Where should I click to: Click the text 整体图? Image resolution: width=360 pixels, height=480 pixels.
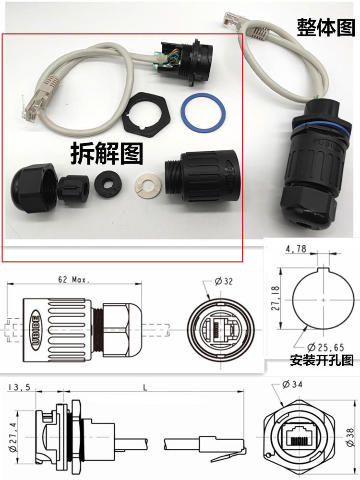325,27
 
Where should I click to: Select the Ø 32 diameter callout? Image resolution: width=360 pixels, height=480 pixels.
224,282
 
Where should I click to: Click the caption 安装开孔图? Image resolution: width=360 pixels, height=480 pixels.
322,360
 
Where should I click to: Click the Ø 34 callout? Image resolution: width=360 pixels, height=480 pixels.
293,384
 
